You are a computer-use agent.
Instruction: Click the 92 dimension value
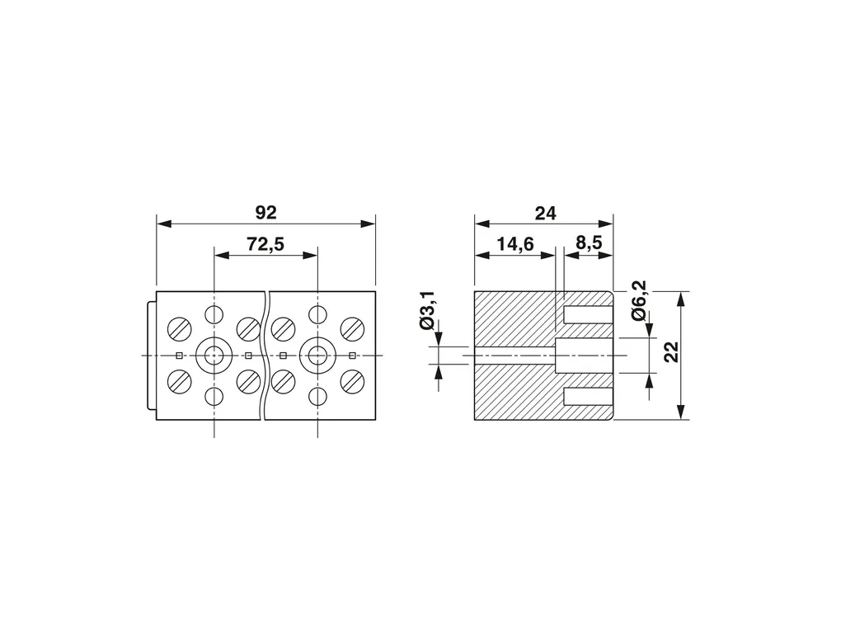click(265, 213)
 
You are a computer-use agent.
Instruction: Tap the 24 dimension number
click(545, 213)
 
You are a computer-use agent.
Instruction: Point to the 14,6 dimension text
click(514, 244)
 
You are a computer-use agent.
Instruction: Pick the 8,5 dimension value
click(589, 243)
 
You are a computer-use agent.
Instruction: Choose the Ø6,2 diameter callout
click(639, 301)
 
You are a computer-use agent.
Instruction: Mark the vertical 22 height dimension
click(671, 352)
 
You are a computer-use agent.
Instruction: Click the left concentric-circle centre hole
click(214, 356)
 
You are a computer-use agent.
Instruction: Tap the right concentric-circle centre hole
click(317, 356)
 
